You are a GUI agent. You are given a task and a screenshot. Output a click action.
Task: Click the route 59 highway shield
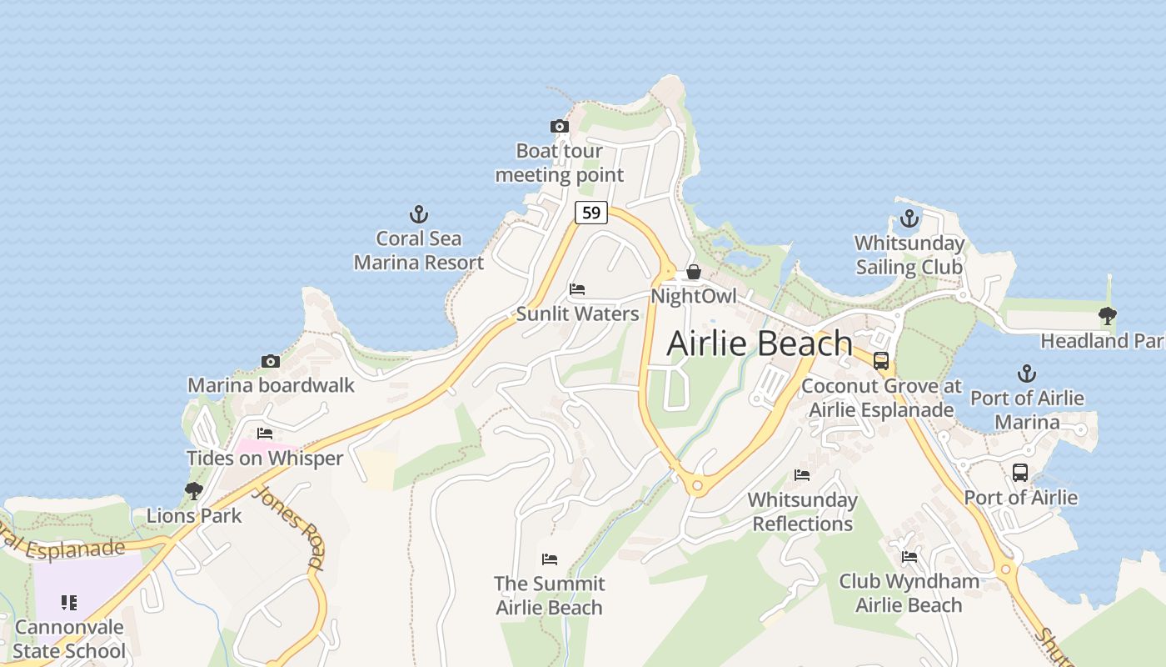590,213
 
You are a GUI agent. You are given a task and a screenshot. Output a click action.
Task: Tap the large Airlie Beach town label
760,344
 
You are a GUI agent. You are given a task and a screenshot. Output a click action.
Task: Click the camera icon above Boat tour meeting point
560,127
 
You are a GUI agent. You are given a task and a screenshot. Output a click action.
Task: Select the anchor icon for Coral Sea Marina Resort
418,214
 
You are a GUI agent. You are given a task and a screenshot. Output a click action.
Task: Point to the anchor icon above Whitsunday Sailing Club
909,219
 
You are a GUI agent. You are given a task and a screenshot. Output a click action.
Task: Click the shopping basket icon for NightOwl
693,273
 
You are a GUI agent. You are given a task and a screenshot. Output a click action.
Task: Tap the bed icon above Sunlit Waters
577,290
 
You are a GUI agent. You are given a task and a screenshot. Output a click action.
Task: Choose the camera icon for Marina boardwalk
271,361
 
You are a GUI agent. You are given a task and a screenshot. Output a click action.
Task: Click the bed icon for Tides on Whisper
265,434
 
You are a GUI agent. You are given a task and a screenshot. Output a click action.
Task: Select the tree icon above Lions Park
194,490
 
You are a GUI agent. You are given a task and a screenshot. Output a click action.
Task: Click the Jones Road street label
288,527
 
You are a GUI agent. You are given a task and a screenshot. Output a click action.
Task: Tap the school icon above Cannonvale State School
69,602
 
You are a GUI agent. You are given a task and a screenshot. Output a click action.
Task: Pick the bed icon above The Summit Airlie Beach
549,559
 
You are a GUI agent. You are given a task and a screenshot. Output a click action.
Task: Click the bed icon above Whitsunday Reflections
802,475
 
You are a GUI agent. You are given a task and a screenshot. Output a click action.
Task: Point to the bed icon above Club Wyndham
909,556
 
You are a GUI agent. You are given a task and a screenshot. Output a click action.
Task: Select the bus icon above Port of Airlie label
1020,473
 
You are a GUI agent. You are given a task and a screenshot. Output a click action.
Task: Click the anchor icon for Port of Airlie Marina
1027,374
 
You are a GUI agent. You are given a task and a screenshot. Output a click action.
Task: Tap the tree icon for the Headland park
1107,316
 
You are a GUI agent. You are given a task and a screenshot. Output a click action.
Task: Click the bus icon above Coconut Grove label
881,361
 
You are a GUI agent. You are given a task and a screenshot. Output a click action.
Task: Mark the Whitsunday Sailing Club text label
909,255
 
